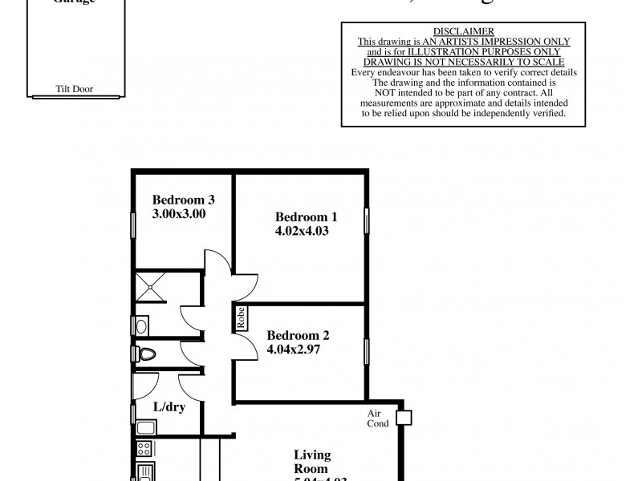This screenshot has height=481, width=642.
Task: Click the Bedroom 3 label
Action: tap(183, 200)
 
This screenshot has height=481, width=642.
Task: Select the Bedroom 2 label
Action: tap(298, 336)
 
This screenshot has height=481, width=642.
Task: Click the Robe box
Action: tap(240, 319)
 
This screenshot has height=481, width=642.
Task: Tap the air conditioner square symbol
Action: tap(403, 418)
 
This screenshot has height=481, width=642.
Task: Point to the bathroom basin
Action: tap(141, 325)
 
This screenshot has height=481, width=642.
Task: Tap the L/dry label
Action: tap(169, 407)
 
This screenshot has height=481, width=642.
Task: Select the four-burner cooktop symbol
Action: tap(145, 449)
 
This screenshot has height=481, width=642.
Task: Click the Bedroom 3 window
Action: tap(133, 224)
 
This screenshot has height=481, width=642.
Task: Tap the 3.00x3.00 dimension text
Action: tap(180, 214)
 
